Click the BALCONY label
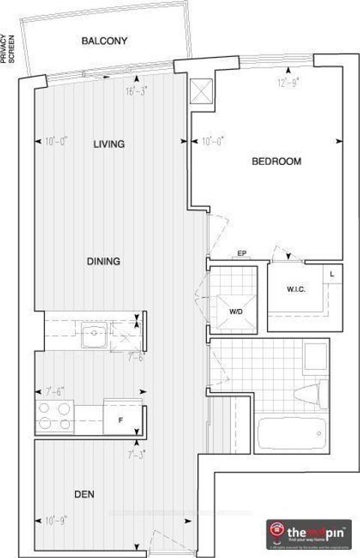pyautogui.click(x=104, y=41)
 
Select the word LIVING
pyautogui.click(x=109, y=144)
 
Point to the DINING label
pyautogui.click(x=103, y=261)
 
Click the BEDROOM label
pyautogui.click(x=276, y=161)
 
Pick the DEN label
pyautogui.click(x=83, y=494)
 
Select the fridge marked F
pyautogui.click(x=119, y=420)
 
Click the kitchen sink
pyautogui.click(x=94, y=334)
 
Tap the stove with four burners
pyautogui.click(x=54, y=417)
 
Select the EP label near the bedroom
pyautogui.click(x=242, y=253)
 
